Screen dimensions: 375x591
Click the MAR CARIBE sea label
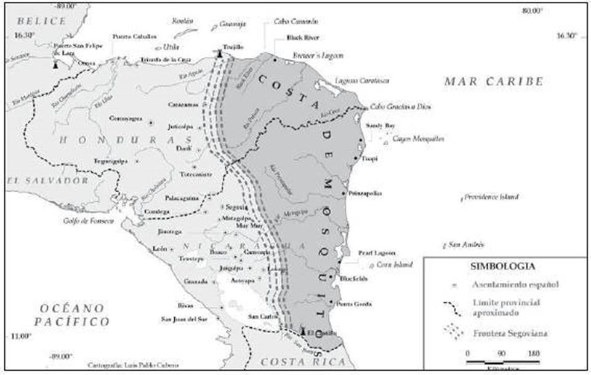(x=494, y=81)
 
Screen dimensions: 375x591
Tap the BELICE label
(x=40, y=21)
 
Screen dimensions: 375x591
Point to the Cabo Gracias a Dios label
(x=400, y=106)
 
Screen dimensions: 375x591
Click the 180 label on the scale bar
(x=534, y=353)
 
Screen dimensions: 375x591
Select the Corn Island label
(x=393, y=265)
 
